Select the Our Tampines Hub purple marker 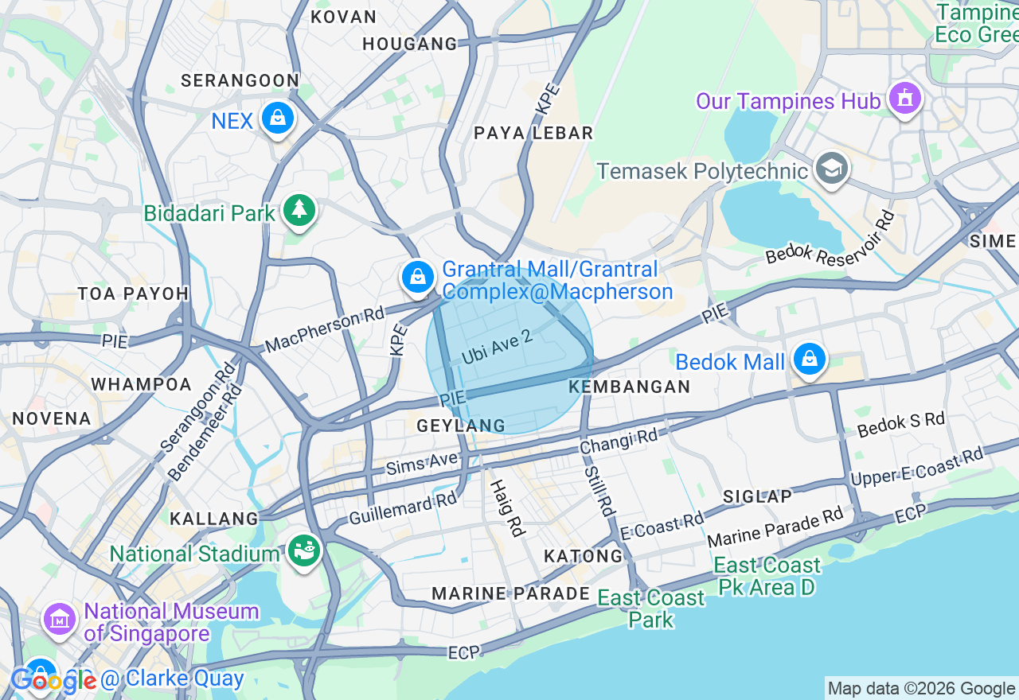[904, 99]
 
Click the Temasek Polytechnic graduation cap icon [832, 169]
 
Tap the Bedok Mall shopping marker [810, 360]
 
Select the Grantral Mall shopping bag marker [417, 277]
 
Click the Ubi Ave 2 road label [497, 348]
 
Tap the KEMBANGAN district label [630, 387]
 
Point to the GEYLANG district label [461, 426]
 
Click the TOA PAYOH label [133, 294]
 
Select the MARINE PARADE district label [510, 593]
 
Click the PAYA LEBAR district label [533, 133]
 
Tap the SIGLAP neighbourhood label [757, 496]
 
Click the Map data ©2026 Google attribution [921, 688]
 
